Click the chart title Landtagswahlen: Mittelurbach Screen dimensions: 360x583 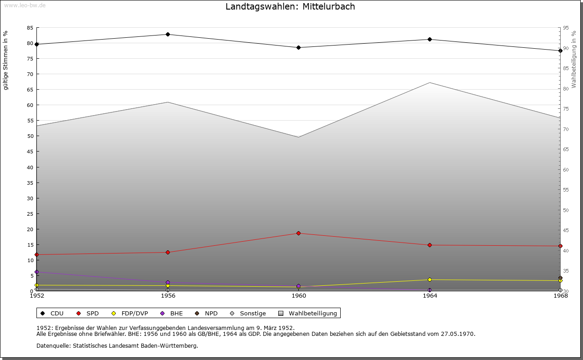pyautogui.click(x=290, y=7)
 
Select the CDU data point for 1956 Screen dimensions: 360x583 pyautogui.click(x=168, y=35)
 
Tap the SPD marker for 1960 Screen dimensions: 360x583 pyautogui.click(x=299, y=233)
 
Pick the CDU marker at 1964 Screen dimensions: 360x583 pyautogui.click(x=430, y=40)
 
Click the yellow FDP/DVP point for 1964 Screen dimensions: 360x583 pyautogui.click(x=430, y=280)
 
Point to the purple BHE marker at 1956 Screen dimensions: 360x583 pyautogui.click(x=168, y=283)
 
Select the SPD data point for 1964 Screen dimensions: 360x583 pyautogui.click(x=430, y=245)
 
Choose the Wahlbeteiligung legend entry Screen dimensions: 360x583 pyautogui.click(x=308, y=314)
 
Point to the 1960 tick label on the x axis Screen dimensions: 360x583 pyautogui.click(x=299, y=296)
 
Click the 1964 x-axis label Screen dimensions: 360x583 pyautogui.click(x=430, y=296)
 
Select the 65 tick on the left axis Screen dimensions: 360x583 pyautogui.click(x=30, y=90)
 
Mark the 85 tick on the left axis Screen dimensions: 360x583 pyautogui.click(x=30, y=28)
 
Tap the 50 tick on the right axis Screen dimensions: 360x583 pyautogui.click(x=566, y=210)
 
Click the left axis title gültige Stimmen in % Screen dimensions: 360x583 pyautogui.click(x=6, y=61)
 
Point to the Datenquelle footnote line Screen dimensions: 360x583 pyautogui.click(x=117, y=346)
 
